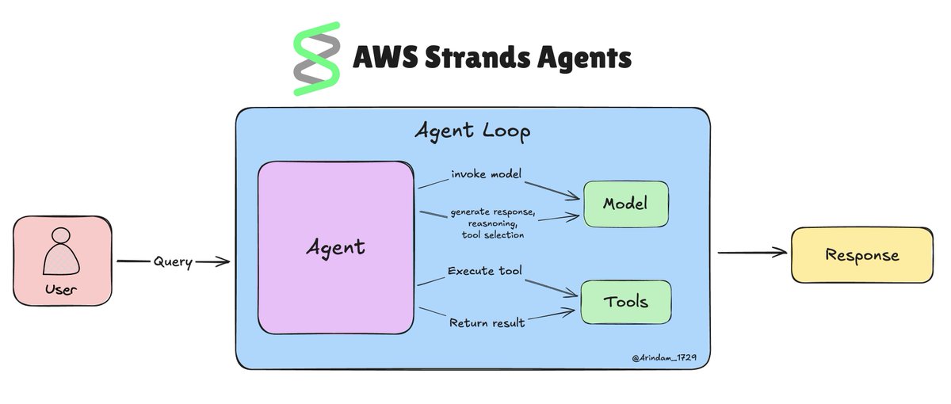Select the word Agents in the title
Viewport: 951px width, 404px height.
(x=584, y=59)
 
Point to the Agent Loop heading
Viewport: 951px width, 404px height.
(x=472, y=131)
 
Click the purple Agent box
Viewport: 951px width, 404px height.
(x=335, y=246)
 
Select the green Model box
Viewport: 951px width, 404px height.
(x=625, y=204)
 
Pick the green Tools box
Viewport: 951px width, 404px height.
(x=626, y=302)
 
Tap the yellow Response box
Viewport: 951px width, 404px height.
(x=862, y=255)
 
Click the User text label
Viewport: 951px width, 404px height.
(x=60, y=290)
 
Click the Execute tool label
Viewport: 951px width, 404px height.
(x=485, y=272)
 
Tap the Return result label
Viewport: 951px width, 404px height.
(x=487, y=322)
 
